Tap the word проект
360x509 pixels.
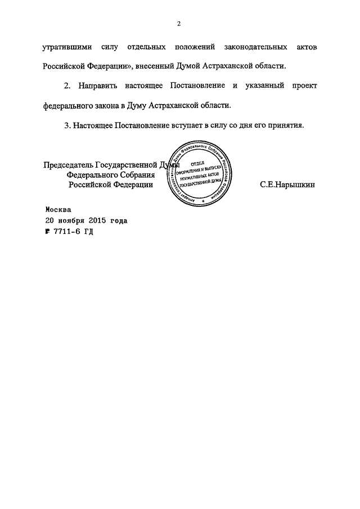[x=304, y=85]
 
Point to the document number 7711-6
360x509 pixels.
[x=68, y=231]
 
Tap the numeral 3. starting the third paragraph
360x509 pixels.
[x=67, y=125]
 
